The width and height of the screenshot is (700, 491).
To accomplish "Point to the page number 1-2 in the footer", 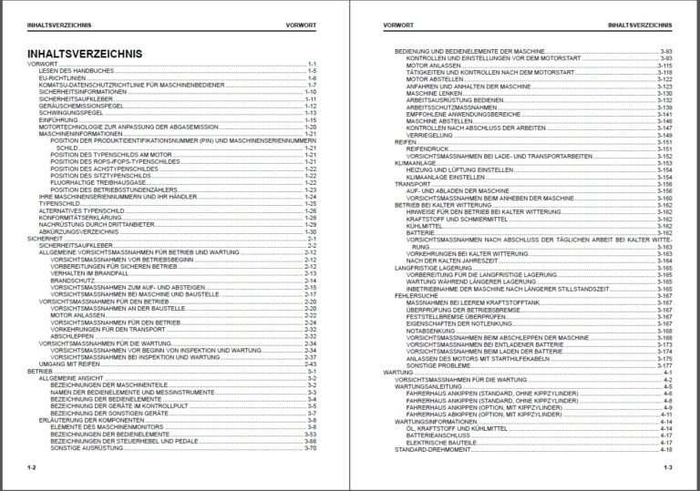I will [31, 467].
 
